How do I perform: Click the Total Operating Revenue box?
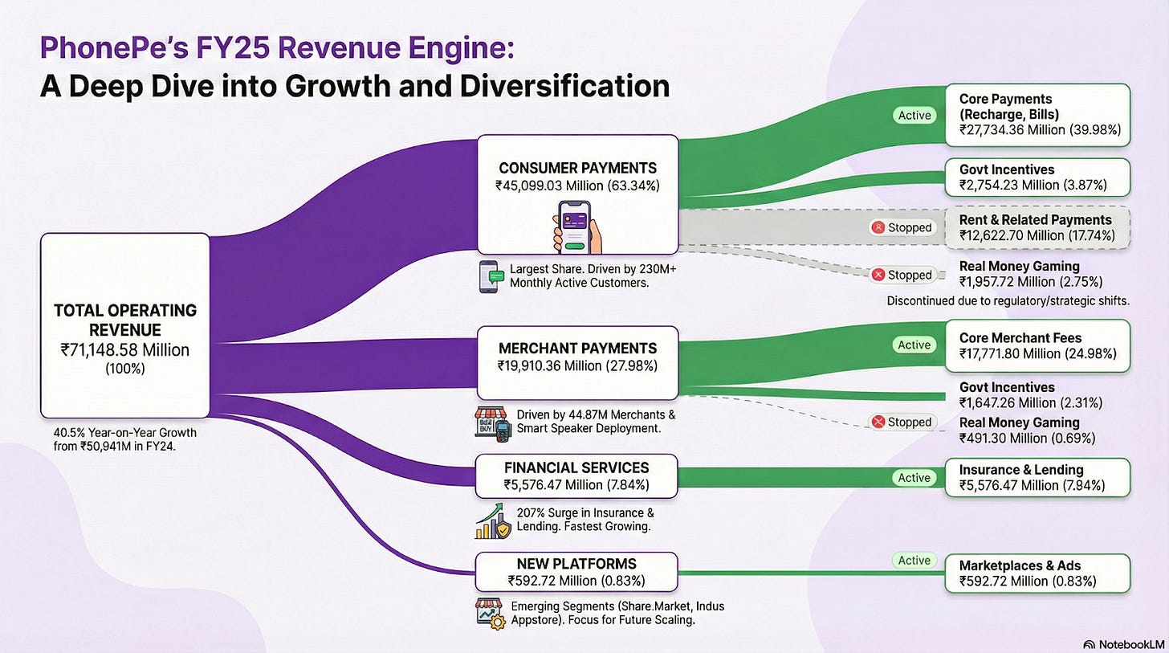point(124,325)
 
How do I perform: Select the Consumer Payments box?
point(577,194)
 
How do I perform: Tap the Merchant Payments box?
point(577,361)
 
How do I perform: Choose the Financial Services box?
point(576,475)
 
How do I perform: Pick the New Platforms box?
point(576,571)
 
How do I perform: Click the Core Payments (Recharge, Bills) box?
point(1037,116)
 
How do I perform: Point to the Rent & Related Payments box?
point(1037,227)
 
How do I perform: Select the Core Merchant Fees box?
point(1037,345)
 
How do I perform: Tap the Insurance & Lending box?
point(1037,477)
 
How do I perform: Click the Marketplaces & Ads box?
point(1037,573)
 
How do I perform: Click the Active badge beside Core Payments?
point(914,115)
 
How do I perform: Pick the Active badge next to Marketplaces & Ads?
point(914,561)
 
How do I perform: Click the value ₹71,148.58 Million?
point(124,349)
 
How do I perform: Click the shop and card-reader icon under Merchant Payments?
point(491,423)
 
